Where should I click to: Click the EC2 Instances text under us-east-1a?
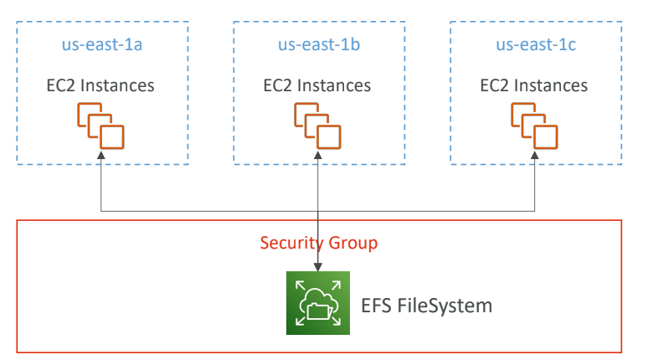click(100, 85)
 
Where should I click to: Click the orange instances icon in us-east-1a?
click(101, 125)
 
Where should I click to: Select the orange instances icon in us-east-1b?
click(318, 125)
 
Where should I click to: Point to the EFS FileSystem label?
click(427, 305)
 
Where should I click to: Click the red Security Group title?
click(318, 244)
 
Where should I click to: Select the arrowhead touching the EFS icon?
click(318, 266)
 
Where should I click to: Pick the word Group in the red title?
click(355, 244)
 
